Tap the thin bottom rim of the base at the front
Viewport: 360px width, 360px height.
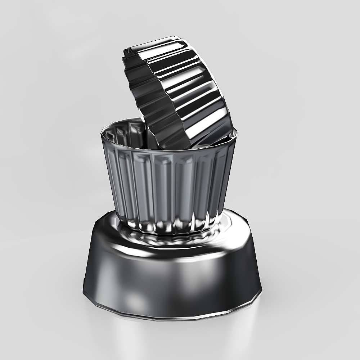(x=173, y=319)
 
